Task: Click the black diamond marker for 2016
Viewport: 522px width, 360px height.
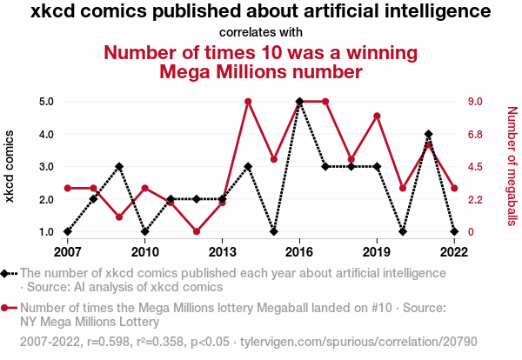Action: [299, 101]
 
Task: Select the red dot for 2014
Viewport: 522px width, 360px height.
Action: [248, 101]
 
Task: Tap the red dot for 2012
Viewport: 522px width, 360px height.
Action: [197, 231]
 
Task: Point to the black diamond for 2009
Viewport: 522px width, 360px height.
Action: [119, 166]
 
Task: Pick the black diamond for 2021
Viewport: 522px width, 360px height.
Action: [428, 134]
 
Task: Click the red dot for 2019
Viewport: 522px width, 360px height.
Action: [377, 116]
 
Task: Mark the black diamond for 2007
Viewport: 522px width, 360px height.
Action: [68, 231]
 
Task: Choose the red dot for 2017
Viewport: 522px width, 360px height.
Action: [325, 101]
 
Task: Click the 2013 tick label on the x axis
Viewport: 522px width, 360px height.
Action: [222, 252]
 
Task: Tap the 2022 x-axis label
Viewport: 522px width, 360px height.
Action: [453, 252]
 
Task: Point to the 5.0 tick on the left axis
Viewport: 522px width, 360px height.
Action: [47, 101]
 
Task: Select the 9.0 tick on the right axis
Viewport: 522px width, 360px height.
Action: [476, 101]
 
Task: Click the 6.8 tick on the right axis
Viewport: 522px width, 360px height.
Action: [476, 134]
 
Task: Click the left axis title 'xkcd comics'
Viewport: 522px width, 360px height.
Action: [11, 166]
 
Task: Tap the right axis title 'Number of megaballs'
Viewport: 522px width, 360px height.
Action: [512, 166]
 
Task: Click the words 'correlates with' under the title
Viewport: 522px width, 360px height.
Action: [261, 33]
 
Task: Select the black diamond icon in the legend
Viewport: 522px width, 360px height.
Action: [7, 273]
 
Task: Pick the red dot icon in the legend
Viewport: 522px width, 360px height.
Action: [7, 308]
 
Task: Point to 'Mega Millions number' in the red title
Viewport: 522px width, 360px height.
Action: [261, 71]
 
